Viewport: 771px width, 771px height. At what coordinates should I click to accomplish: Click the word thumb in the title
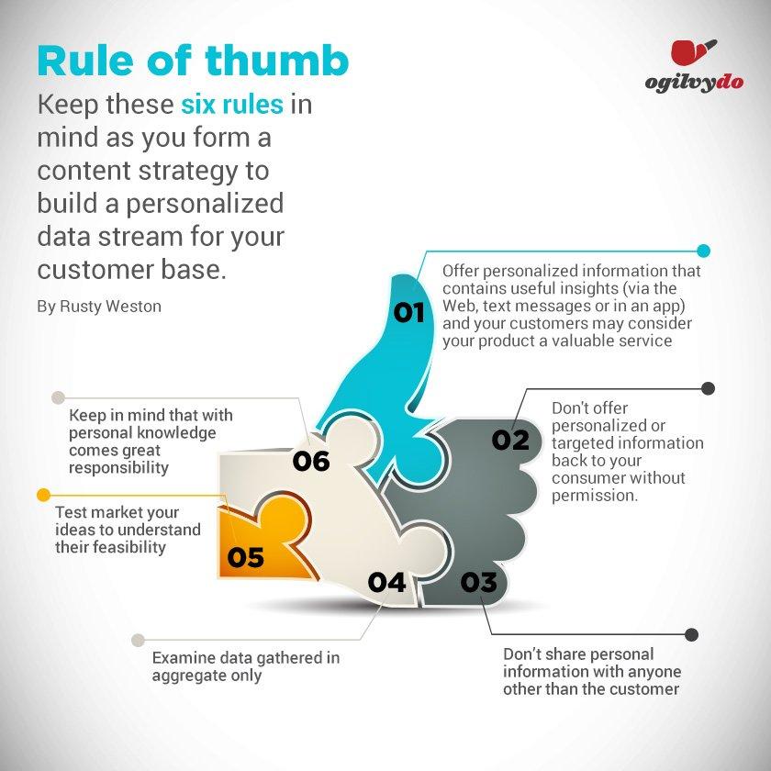click(x=277, y=61)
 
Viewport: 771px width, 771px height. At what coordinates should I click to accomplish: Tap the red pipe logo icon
click(x=693, y=52)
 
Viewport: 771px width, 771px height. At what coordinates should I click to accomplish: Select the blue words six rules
click(x=232, y=105)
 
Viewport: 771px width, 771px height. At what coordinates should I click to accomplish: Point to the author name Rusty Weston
click(x=110, y=307)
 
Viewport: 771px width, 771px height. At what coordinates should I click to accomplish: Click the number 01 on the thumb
click(x=408, y=312)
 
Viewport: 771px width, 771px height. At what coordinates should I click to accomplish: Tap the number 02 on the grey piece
click(x=510, y=440)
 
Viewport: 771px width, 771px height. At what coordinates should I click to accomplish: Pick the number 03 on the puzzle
click(x=478, y=582)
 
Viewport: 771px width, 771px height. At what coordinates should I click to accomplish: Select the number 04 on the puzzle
click(x=387, y=582)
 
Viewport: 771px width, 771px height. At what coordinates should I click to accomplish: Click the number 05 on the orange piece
click(x=245, y=557)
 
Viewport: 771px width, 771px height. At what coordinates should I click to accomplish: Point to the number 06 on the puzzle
click(x=311, y=461)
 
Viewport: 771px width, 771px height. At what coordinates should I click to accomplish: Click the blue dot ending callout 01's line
click(x=704, y=251)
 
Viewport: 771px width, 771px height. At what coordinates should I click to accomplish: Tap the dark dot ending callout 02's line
click(x=708, y=388)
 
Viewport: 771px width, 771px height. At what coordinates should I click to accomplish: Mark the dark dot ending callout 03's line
click(x=691, y=634)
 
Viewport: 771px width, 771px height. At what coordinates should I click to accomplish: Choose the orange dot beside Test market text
click(x=44, y=495)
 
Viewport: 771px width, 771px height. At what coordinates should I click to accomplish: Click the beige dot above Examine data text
click(x=139, y=640)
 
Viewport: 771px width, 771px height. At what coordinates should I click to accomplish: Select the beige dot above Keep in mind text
click(x=58, y=397)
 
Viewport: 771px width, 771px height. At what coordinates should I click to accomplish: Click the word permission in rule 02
click(x=595, y=496)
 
